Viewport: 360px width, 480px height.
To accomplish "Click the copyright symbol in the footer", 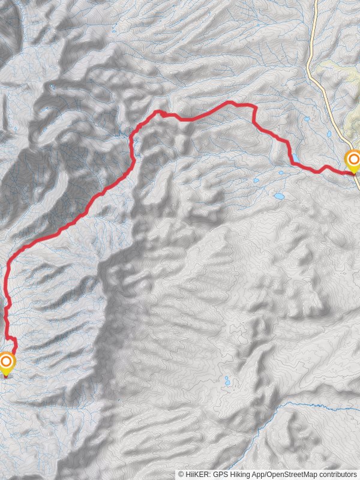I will point(181,474).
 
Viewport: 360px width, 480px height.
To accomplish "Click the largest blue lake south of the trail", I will point(279,196).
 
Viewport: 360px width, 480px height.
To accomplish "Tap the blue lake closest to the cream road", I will point(328,135).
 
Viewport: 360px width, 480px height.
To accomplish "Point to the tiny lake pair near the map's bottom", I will point(227,381).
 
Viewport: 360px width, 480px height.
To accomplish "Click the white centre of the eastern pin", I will point(353,159).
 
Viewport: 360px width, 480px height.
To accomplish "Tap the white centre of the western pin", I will point(6,361).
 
